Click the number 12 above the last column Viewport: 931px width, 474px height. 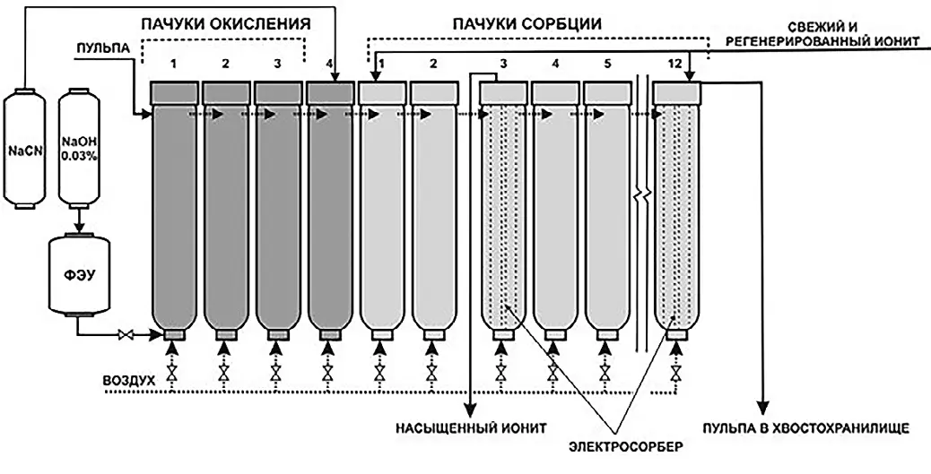(678, 64)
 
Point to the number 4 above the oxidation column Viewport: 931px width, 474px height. (331, 64)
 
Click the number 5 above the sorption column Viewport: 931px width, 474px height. (608, 64)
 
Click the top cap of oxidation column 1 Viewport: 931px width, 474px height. (174, 91)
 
